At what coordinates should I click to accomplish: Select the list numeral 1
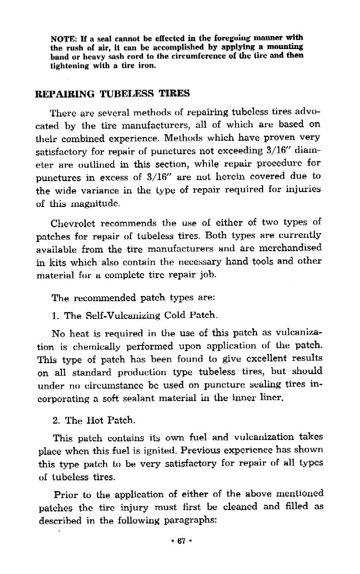click(x=54, y=316)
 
